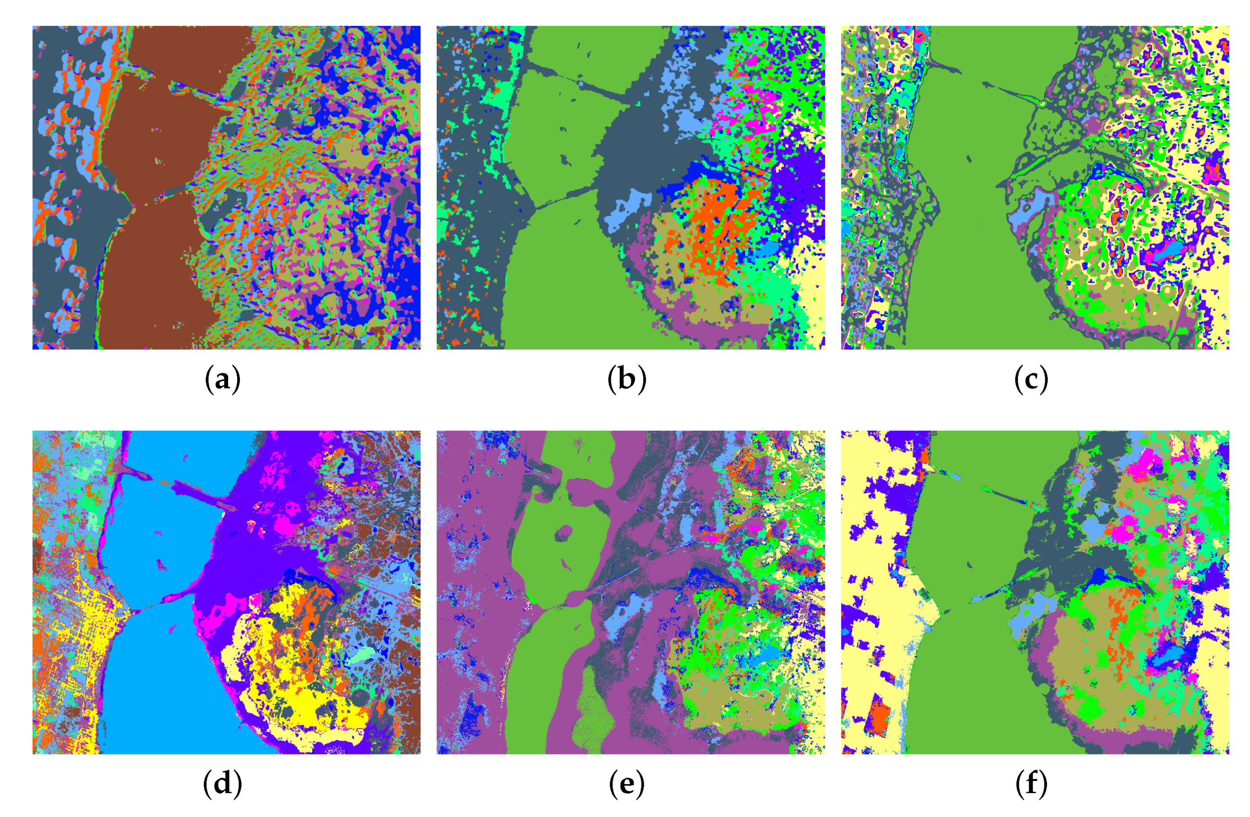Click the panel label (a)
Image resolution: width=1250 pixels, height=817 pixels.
(x=222, y=380)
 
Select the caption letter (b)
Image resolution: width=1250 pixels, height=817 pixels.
(x=626, y=380)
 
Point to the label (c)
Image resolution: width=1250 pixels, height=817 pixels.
(x=1031, y=380)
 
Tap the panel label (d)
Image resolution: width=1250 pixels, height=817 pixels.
(x=222, y=785)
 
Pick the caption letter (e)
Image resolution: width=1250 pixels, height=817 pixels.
(x=626, y=785)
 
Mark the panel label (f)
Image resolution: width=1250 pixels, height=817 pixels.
(x=1031, y=785)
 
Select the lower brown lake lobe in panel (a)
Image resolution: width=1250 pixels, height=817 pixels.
(x=152, y=273)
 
